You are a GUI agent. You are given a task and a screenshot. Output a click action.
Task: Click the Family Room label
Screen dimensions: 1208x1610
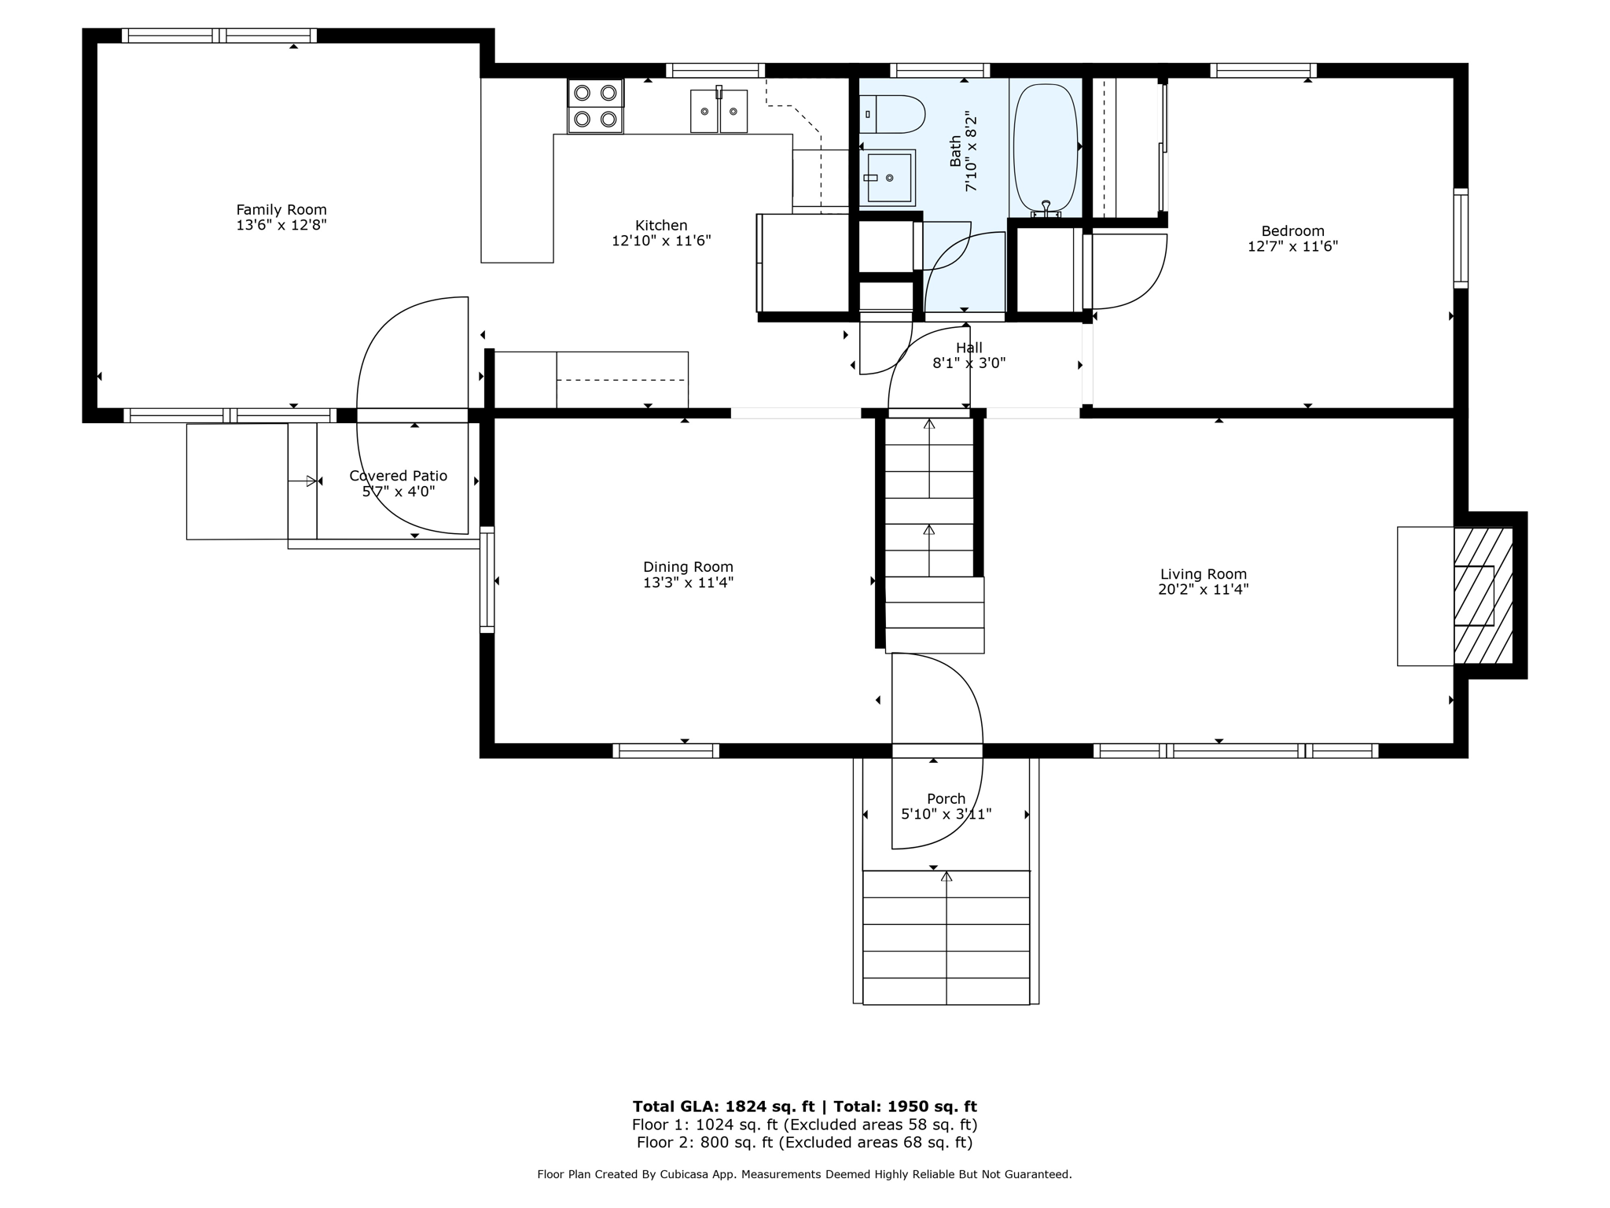point(281,210)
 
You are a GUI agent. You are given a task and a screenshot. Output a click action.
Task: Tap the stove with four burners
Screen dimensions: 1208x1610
point(595,106)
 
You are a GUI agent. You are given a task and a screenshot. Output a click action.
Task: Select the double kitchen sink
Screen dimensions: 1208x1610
point(719,112)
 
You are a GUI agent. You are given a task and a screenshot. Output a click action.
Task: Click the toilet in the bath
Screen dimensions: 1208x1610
point(893,115)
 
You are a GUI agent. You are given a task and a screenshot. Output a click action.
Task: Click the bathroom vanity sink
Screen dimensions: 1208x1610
point(888,178)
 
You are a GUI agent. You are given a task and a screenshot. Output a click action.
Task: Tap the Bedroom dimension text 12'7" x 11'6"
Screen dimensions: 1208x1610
point(1292,246)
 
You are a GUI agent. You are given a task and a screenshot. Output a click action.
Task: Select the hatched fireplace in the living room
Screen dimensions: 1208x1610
point(1483,595)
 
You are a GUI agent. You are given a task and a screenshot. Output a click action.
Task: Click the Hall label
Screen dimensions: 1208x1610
point(969,348)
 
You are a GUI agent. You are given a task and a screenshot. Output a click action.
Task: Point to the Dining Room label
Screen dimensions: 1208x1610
point(688,567)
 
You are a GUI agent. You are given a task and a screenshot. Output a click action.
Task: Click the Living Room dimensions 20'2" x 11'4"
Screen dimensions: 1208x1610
point(1203,590)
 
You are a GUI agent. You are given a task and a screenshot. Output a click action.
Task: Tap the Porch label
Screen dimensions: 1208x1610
point(946,799)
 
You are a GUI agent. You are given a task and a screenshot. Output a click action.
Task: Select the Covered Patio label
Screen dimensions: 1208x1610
point(398,476)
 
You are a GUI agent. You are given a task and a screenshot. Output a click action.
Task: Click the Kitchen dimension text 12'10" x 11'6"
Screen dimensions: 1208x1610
point(661,241)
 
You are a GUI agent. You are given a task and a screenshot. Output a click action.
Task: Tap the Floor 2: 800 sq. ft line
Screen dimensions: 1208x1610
point(804,1143)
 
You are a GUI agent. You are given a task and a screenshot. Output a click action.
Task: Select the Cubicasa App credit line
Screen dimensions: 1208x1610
point(804,1174)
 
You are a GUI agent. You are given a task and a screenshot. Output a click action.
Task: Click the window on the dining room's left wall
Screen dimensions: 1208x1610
point(487,580)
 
